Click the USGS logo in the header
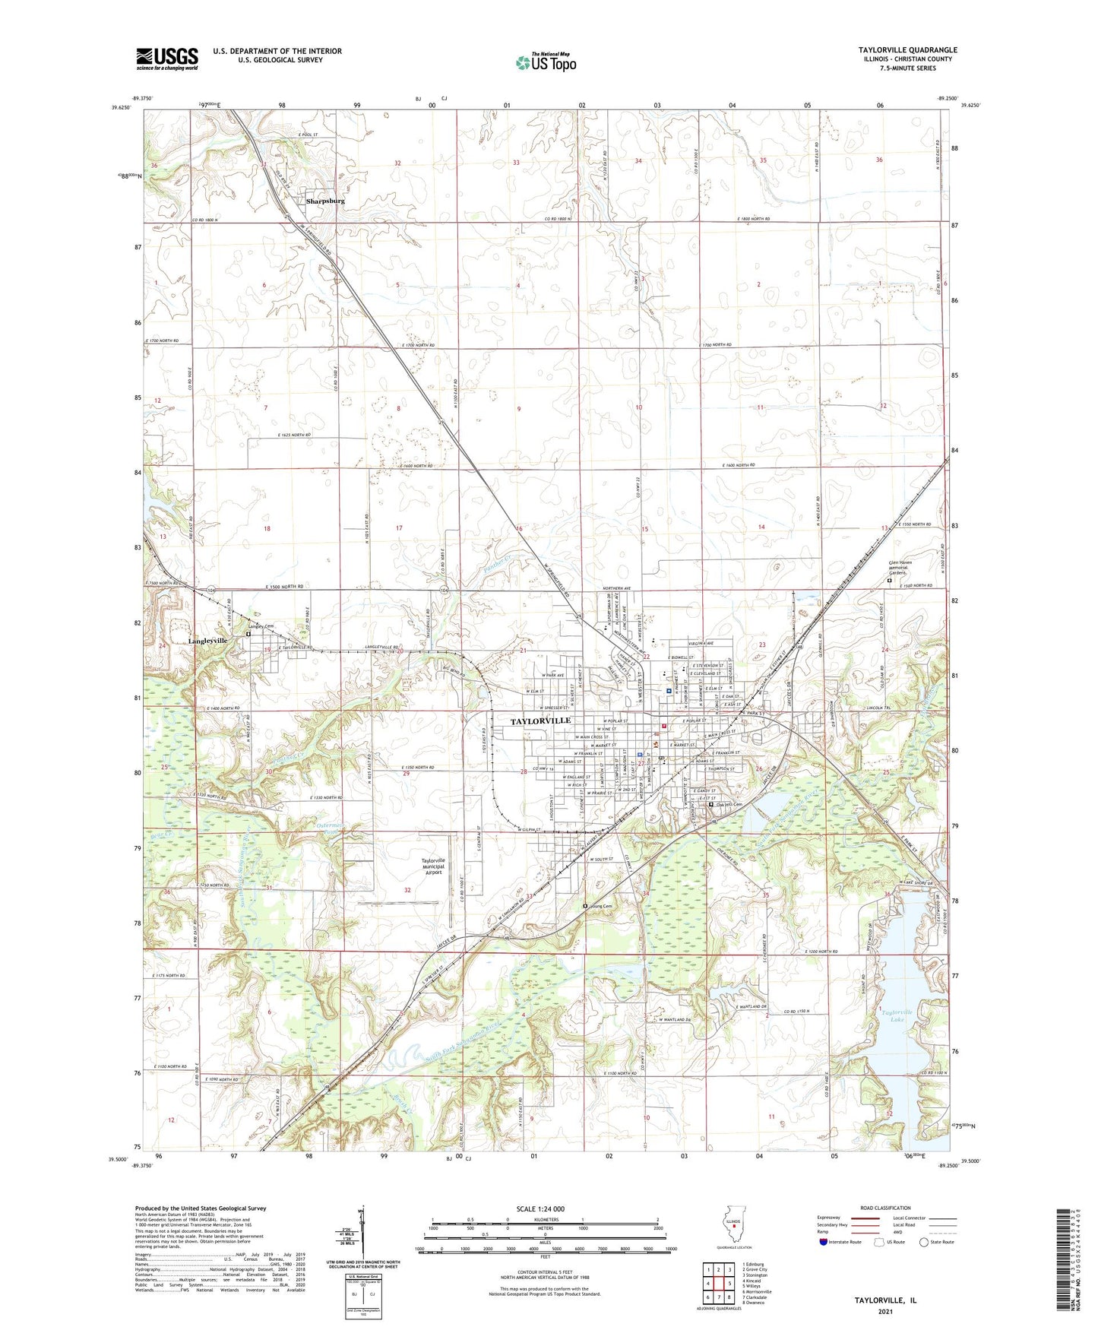(167, 59)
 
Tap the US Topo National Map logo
(544, 62)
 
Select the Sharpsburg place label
(325, 201)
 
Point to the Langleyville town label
(208, 641)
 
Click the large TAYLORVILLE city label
(540, 721)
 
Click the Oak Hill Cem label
(729, 805)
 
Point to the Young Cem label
(600, 906)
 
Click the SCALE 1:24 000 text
(540, 1209)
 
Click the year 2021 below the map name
(885, 1312)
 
